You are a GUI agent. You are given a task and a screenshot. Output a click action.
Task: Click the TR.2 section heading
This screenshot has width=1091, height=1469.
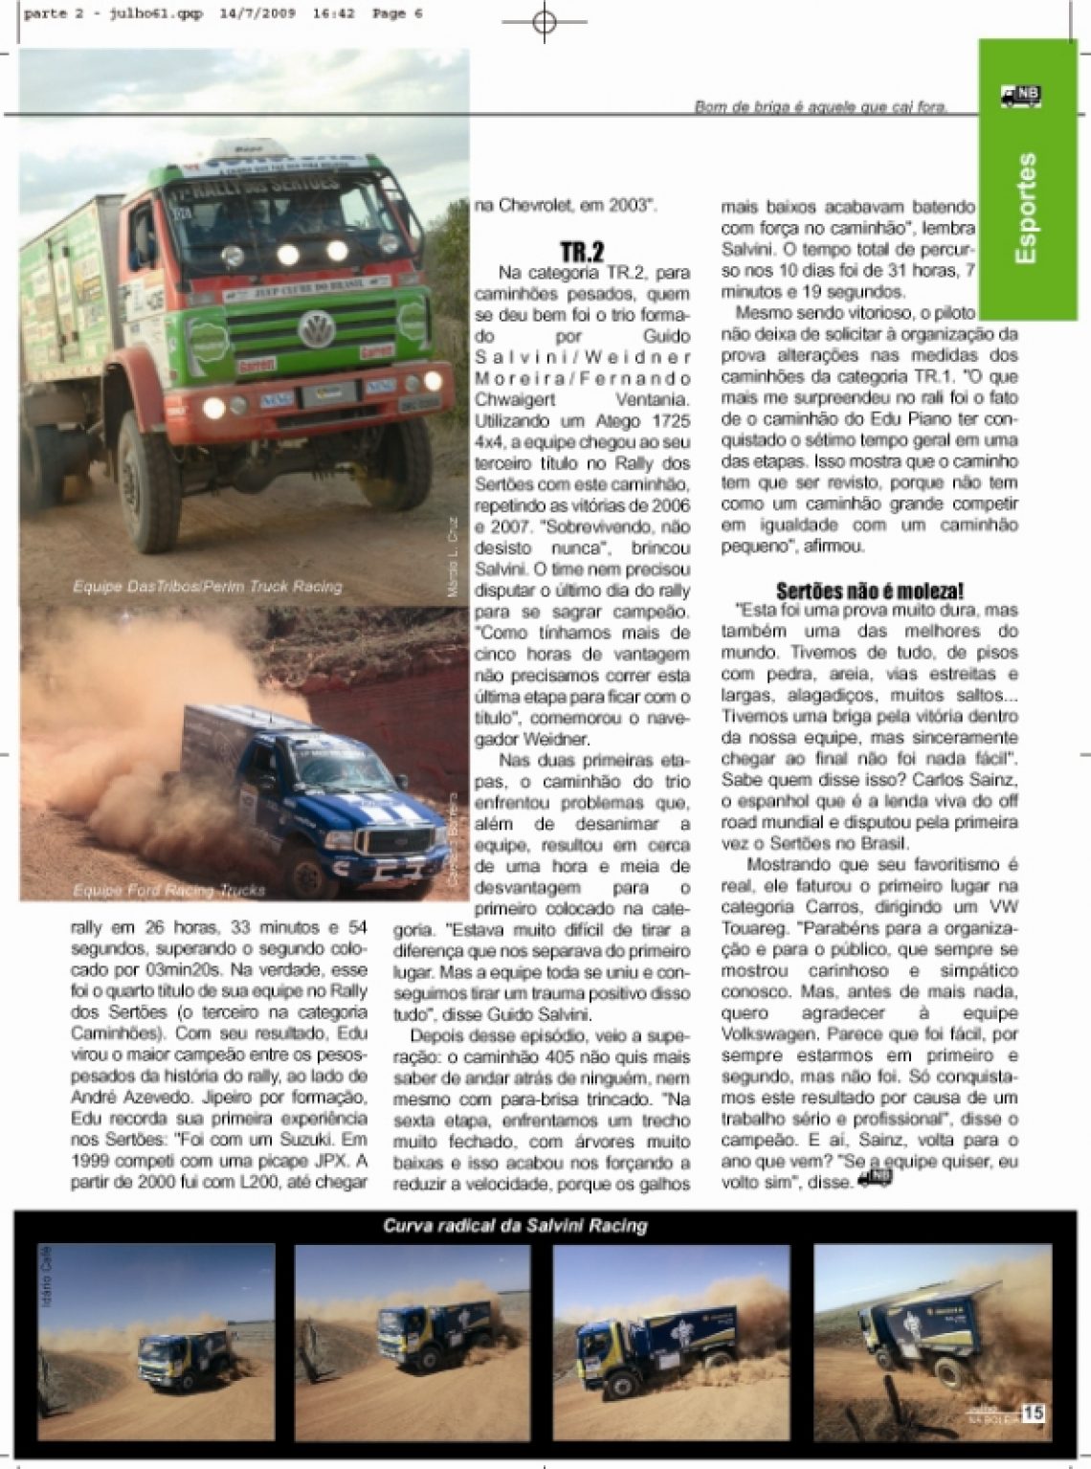(x=582, y=253)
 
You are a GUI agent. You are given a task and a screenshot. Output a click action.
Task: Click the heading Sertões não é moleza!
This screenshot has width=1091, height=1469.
(x=869, y=590)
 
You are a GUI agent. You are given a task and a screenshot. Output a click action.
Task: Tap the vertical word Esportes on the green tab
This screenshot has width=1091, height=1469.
(x=1026, y=208)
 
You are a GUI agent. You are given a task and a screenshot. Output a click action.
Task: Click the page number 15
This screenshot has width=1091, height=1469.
(x=1033, y=1413)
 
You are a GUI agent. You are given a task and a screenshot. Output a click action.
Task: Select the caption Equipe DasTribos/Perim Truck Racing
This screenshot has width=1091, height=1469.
(x=207, y=586)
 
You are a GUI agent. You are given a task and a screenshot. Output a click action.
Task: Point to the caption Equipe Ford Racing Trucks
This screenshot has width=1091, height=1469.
(x=168, y=890)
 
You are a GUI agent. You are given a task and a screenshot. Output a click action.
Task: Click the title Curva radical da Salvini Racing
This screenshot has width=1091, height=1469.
(x=515, y=1225)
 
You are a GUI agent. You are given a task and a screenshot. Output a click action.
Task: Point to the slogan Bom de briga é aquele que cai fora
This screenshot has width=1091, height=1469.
(x=820, y=107)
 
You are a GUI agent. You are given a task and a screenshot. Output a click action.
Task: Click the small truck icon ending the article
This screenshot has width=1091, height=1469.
(x=876, y=1178)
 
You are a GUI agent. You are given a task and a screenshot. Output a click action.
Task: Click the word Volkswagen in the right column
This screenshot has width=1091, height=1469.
(x=772, y=1034)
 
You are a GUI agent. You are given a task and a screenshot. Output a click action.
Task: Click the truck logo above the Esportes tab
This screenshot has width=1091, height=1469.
(x=1021, y=95)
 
